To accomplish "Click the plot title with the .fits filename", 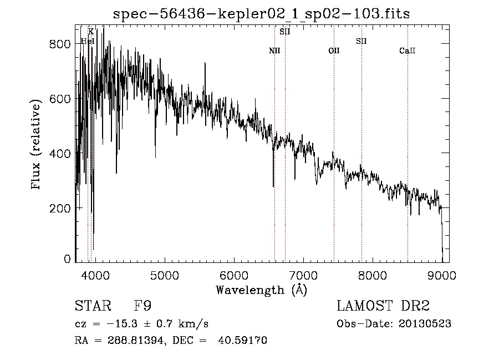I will point(261,14).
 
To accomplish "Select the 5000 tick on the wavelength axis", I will point(164,275).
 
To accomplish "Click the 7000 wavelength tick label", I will point(303,275).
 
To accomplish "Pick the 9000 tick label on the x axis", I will point(441,275).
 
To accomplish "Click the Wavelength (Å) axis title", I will point(261,290).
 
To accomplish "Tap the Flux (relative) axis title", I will point(37,145).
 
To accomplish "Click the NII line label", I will point(274,50).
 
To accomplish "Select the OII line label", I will point(334,50).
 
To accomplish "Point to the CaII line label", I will point(408,50).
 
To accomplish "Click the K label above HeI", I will point(91,32).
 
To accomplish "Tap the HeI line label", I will point(88,41).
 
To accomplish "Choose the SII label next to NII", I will point(285,32).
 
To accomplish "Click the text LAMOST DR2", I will point(383,306).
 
